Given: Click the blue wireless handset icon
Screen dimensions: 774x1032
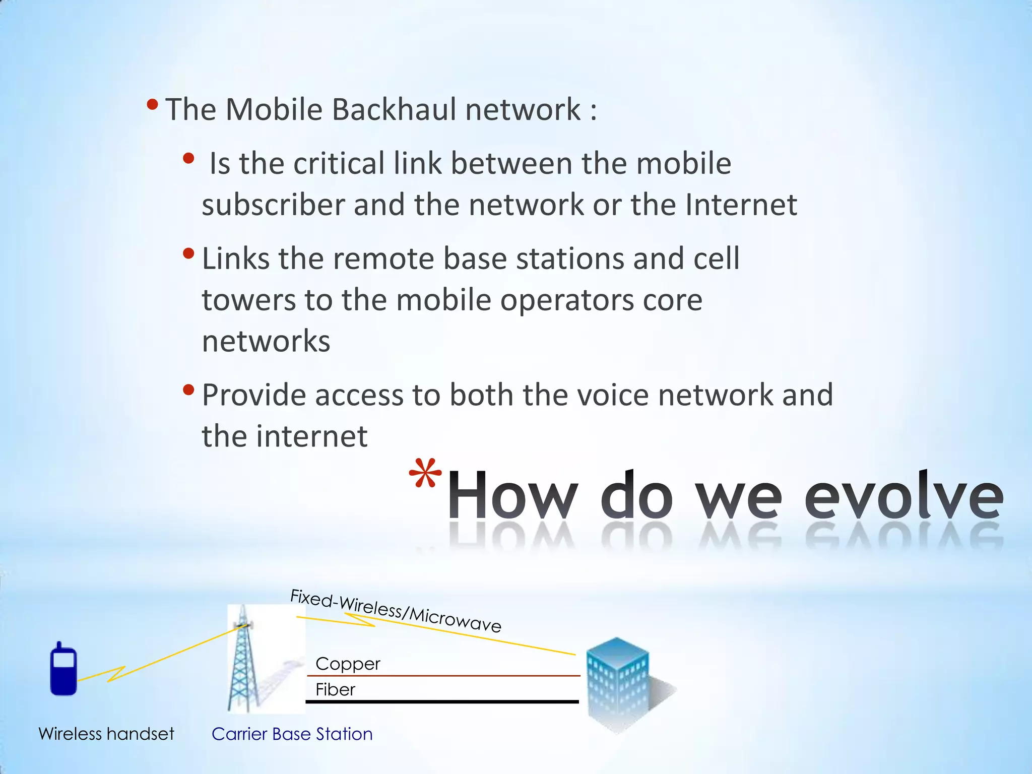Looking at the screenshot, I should click(63, 669).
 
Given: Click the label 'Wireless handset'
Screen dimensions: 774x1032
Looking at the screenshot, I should click(106, 734).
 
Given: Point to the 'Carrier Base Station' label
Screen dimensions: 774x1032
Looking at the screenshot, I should click(292, 734).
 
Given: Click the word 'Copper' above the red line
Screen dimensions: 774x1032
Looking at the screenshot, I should click(348, 664).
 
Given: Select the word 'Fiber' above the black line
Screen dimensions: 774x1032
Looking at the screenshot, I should click(335, 689).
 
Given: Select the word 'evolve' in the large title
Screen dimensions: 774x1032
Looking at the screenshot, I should click(903, 496).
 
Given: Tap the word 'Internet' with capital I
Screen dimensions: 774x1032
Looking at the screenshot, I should click(741, 205).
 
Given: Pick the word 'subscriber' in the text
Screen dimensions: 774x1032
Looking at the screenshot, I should click(273, 205).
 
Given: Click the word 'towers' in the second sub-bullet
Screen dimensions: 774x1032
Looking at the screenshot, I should click(248, 300).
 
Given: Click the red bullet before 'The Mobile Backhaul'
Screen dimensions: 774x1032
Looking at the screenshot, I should click(152, 105).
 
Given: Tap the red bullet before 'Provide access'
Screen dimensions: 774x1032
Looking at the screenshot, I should click(188, 390).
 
